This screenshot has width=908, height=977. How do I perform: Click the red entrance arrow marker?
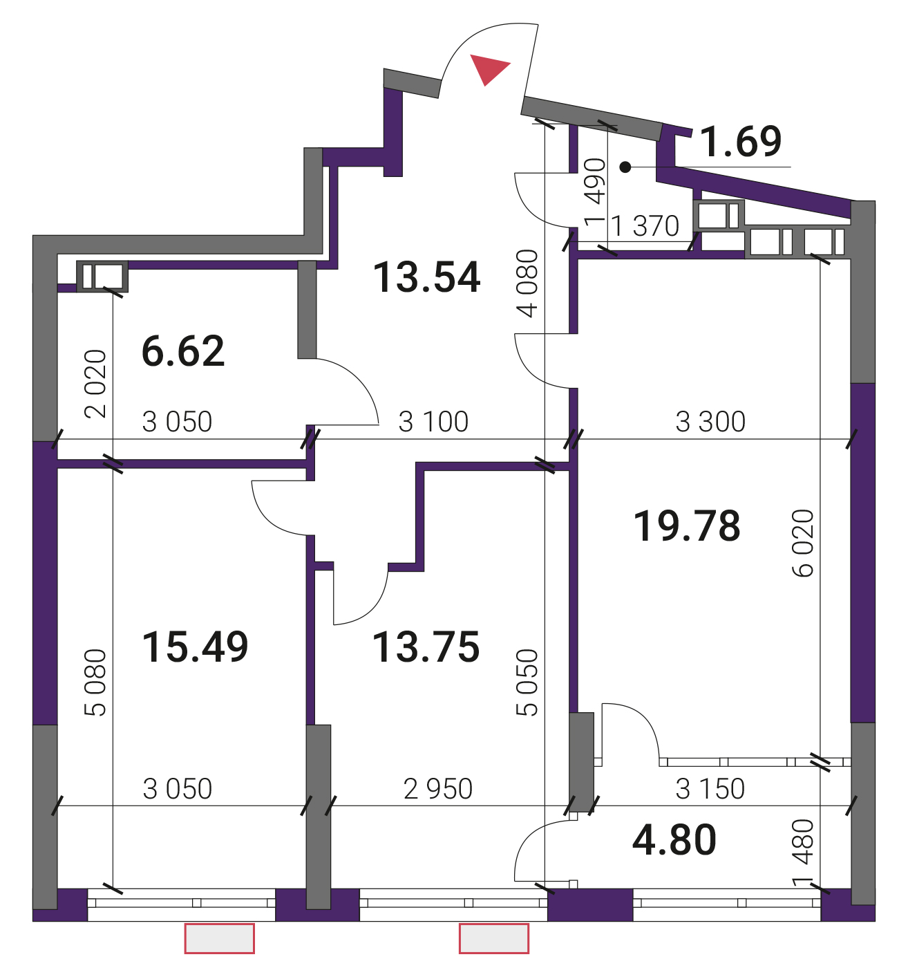click(x=488, y=68)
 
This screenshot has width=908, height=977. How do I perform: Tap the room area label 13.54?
click(x=426, y=277)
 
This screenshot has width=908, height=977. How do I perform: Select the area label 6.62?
click(x=183, y=351)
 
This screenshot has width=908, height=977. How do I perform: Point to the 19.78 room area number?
click(x=687, y=526)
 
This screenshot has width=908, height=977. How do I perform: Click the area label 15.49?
click(x=196, y=647)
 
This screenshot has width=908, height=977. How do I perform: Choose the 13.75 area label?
click(x=426, y=647)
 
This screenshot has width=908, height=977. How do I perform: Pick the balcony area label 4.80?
click(x=674, y=839)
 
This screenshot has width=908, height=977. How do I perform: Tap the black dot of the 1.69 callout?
click(x=625, y=167)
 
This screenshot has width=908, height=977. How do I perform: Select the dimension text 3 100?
click(x=433, y=422)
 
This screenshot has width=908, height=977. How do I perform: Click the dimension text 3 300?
click(x=710, y=422)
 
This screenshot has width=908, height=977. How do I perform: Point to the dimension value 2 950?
click(x=438, y=789)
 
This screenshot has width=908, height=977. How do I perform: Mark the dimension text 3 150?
click(x=710, y=789)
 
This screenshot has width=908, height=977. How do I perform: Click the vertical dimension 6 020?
click(x=803, y=543)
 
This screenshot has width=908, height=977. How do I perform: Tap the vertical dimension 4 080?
click(x=527, y=283)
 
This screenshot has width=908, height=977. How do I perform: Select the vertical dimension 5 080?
click(x=95, y=682)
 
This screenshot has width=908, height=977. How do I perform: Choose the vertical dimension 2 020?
click(x=95, y=384)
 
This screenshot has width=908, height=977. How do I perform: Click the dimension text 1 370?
click(x=645, y=226)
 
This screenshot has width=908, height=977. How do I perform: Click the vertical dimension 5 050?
click(x=527, y=682)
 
